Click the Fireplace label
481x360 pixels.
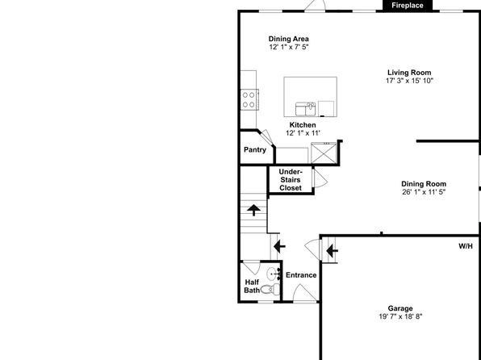pos(408,5)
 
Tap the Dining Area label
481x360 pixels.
pos(289,39)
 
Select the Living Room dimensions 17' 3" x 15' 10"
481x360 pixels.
pos(409,81)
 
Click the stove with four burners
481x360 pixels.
pos(249,100)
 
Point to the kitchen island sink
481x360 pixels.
pos(305,109)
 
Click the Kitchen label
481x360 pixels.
pos(303,125)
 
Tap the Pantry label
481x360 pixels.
pos(255,150)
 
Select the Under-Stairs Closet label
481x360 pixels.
pos(291,179)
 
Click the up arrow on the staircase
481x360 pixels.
pos(253,210)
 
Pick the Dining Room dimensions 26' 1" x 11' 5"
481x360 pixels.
pos(424,192)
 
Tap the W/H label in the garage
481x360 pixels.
pos(466,246)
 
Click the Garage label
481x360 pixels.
pos(400,308)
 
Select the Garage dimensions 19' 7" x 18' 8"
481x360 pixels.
pos(400,316)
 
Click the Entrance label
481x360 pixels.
pos(301,275)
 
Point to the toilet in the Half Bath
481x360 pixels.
pos(270,288)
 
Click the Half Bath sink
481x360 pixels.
pos(273,274)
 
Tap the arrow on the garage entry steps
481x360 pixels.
pos(333,251)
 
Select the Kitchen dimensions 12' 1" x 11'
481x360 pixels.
pos(303,133)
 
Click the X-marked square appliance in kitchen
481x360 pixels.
pos(324,153)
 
